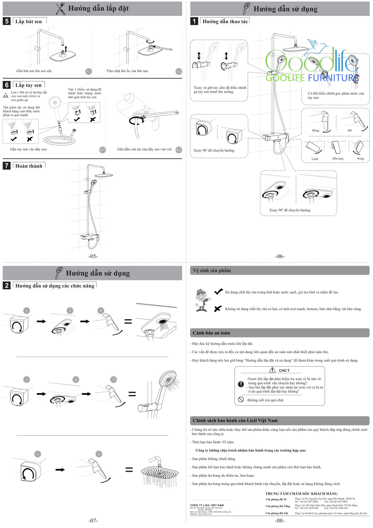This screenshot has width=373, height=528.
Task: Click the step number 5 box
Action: pyautogui.click(x=7, y=21)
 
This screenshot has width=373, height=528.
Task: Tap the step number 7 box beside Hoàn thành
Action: pyautogui.click(x=7, y=166)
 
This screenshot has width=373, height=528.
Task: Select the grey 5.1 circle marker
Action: pyautogui.click(x=89, y=71)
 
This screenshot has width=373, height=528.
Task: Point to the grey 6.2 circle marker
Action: pyautogui.click(x=179, y=150)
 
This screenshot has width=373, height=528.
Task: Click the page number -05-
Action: pyautogui.click(x=93, y=256)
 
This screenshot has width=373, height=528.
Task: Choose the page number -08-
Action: pyautogui.click(x=280, y=521)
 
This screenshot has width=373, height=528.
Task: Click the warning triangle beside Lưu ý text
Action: pyautogui.click(x=6, y=95)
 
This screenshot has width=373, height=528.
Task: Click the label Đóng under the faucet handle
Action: pyautogui.click(x=316, y=130)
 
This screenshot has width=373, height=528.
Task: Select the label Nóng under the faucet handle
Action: pyautogui.click(x=360, y=159)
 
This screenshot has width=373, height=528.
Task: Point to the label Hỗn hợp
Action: pyautogui.click(x=338, y=159)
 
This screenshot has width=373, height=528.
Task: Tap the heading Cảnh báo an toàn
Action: pyautogui.click(x=211, y=333)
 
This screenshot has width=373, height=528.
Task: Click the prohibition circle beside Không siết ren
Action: pyautogui.click(x=241, y=400)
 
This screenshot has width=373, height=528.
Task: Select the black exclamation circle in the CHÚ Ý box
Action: pyautogui.click(x=241, y=384)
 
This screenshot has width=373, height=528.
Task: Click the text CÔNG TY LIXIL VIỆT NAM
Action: pyautogui.click(x=207, y=505)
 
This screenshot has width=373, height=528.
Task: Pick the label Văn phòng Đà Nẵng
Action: pyautogui.click(x=278, y=506)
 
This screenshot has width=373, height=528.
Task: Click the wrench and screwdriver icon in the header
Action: pyautogui.click(x=61, y=9)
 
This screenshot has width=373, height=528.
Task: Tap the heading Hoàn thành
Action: pyautogui.click(x=29, y=166)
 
